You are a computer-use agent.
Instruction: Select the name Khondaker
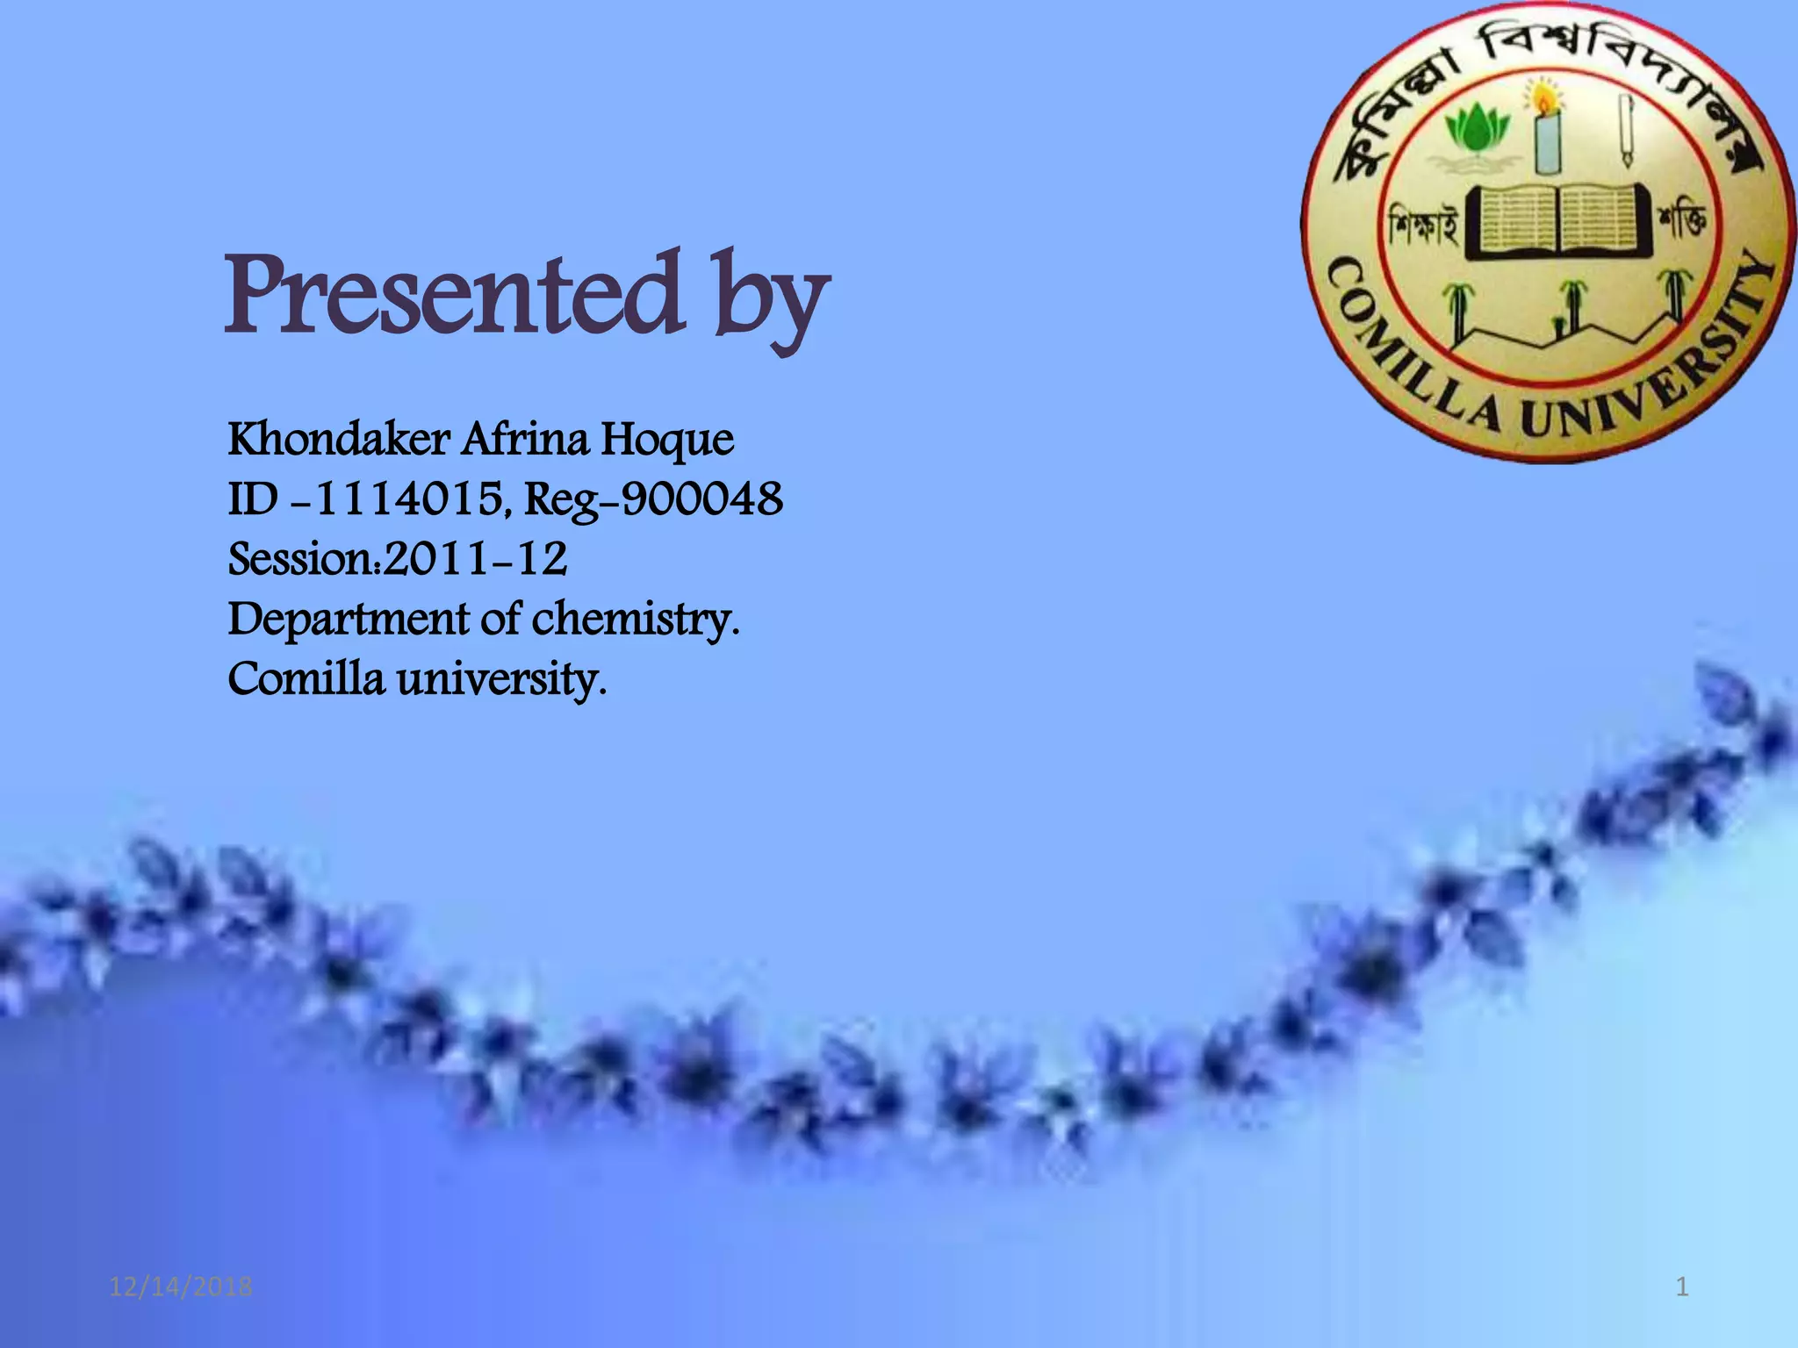(x=339, y=440)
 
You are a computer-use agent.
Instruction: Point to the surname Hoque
(x=667, y=441)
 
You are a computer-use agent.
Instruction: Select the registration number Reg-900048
(x=653, y=502)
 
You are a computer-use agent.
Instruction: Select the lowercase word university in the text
(x=500, y=680)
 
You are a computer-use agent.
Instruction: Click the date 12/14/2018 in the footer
(x=181, y=1287)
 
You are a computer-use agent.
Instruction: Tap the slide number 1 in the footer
(x=1682, y=1287)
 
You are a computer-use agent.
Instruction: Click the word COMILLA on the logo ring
(x=1405, y=351)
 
